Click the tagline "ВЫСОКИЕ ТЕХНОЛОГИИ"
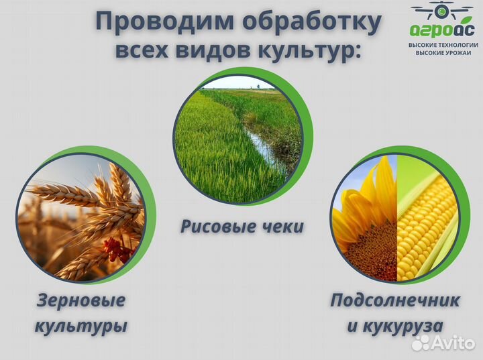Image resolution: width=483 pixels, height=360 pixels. click(x=442, y=44)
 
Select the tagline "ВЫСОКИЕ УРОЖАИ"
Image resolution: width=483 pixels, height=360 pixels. click(x=442, y=52)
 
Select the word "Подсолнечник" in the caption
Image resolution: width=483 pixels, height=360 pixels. click(x=394, y=300)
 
